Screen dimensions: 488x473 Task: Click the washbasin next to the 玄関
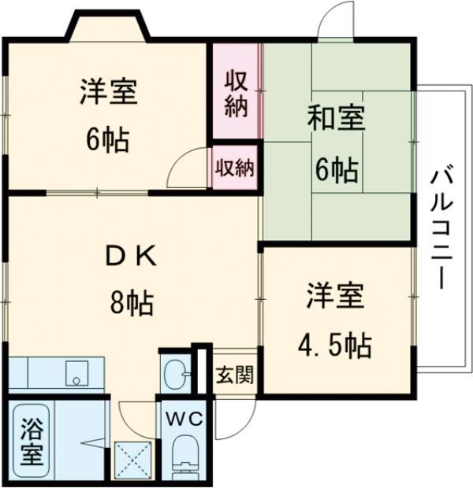click(x=175, y=372)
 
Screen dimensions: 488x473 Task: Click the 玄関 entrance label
click(x=235, y=375)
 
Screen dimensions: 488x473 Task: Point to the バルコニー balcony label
click(x=438, y=228)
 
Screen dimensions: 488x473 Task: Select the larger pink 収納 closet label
click(x=236, y=93)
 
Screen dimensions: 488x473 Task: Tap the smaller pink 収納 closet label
click(x=235, y=167)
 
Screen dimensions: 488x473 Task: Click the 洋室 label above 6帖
click(x=109, y=93)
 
